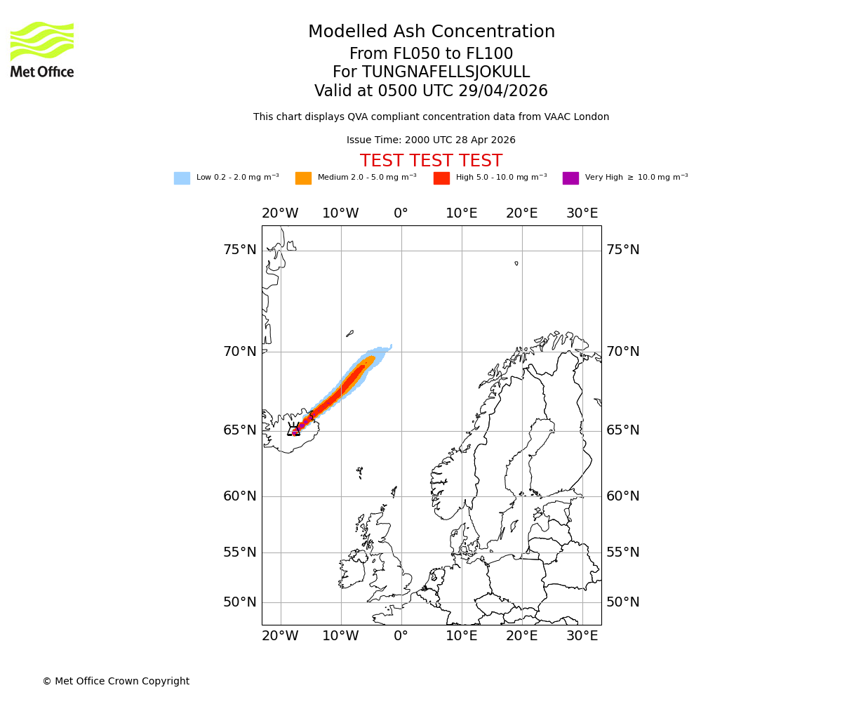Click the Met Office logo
pyautogui.click(x=42, y=49)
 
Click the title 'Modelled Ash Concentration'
pyautogui.click(x=431, y=32)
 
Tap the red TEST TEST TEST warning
pyautogui.click(x=431, y=161)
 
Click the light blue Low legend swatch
pyautogui.click(x=182, y=178)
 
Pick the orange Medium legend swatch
pyautogui.click(x=303, y=178)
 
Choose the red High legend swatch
pyautogui.click(x=441, y=178)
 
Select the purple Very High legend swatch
pyautogui.click(x=570, y=178)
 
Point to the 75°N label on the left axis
pyautogui.click(x=240, y=250)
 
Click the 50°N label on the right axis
pyautogui.click(x=623, y=602)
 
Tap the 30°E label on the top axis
pyautogui.click(x=582, y=213)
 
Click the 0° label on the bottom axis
pyautogui.click(x=401, y=636)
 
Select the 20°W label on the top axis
pyautogui.click(x=280, y=213)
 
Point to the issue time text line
pyautogui.click(x=431, y=140)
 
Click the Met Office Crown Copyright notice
pyautogui.click(x=116, y=681)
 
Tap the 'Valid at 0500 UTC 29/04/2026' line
pyautogui.click(x=431, y=91)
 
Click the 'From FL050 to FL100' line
pyautogui.click(x=431, y=54)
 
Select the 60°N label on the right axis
pyautogui.click(x=623, y=496)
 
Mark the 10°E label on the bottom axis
pyautogui.click(x=462, y=636)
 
